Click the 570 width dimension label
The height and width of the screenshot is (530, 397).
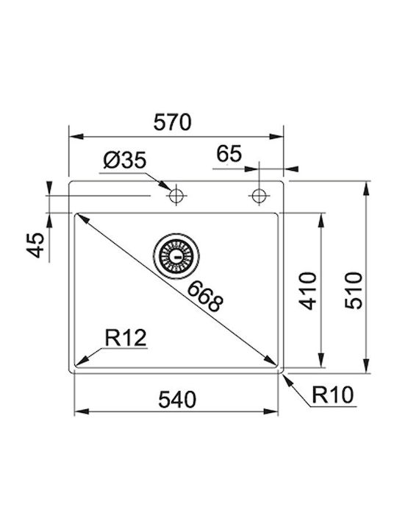[x=172, y=122]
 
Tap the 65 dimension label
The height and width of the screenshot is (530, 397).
[x=229, y=154]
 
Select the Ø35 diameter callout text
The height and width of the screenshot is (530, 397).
[x=124, y=160]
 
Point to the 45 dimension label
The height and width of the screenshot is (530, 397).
[x=35, y=245]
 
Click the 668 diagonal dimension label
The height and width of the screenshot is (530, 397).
[x=205, y=297]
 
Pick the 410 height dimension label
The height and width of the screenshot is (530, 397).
[x=308, y=291]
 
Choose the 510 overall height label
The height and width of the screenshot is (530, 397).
[x=354, y=290]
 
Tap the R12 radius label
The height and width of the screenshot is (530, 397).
[x=126, y=338]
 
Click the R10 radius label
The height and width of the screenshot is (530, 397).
[x=332, y=395]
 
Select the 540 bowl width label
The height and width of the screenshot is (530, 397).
[x=177, y=399]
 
